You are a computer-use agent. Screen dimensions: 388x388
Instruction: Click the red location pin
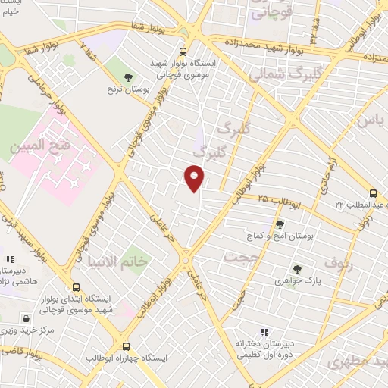195,178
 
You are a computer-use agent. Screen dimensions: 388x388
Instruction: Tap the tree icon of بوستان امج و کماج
280,224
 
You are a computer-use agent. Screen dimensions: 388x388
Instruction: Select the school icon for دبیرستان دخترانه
264,331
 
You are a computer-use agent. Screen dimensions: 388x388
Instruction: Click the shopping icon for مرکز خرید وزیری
27,318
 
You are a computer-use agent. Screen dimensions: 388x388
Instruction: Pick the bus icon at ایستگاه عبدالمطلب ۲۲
372,194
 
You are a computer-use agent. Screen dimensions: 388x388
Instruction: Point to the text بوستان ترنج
128,89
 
